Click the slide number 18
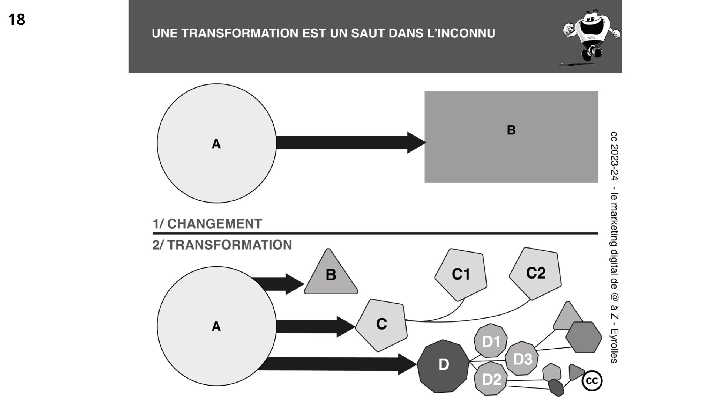(x=17, y=20)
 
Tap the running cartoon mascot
(x=590, y=37)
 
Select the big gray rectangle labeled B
(x=511, y=137)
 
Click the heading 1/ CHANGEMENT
(x=207, y=224)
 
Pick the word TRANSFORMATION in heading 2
(x=230, y=245)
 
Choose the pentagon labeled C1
(x=461, y=274)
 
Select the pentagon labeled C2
(x=535, y=273)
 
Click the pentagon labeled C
(x=381, y=325)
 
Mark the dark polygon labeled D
(x=443, y=366)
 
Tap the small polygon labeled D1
(x=491, y=341)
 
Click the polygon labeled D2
(x=491, y=379)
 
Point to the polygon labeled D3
(x=522, y=359)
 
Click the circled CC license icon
(x=592, y=381)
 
